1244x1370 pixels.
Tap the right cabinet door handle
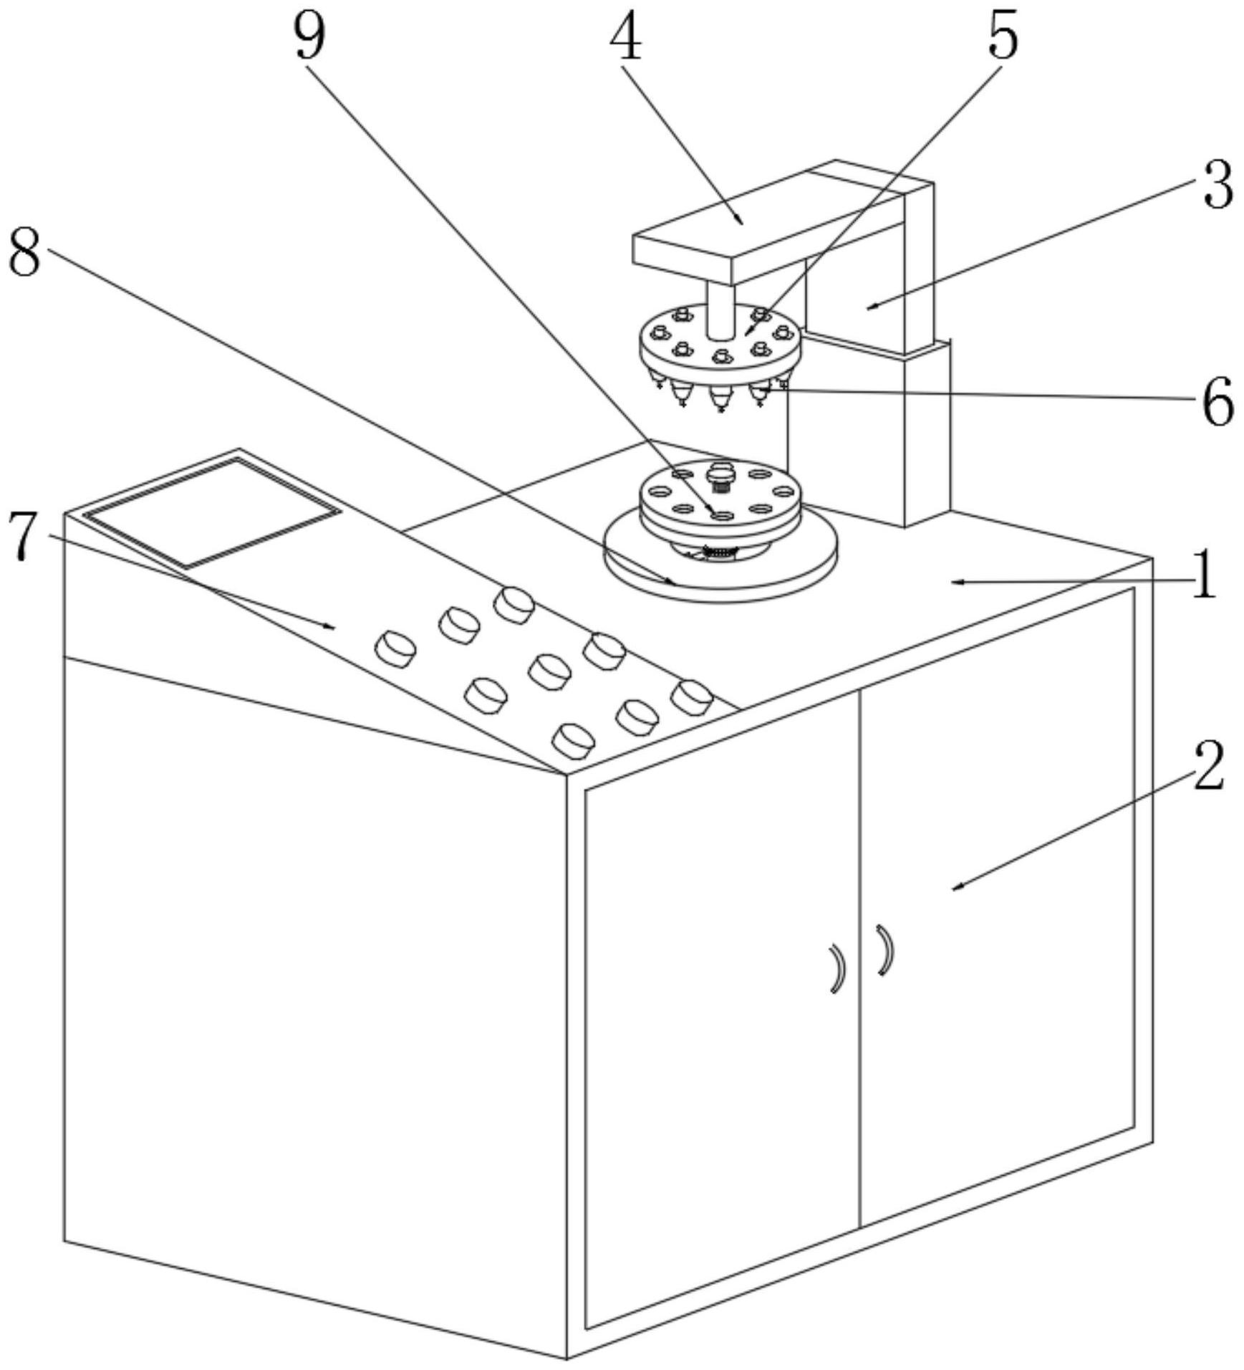point(886,950)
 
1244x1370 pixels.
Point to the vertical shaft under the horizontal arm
point(720,310)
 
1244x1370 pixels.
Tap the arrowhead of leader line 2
point(954,889)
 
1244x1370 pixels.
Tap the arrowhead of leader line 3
point(869,309)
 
